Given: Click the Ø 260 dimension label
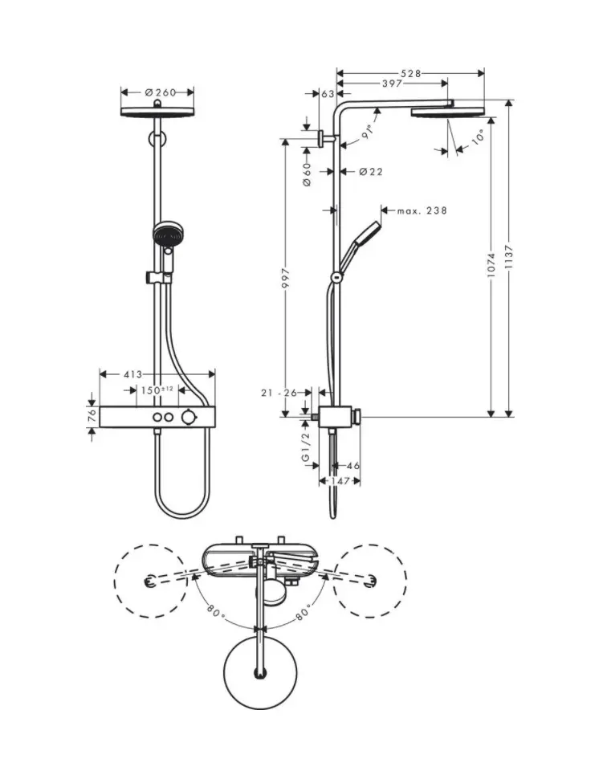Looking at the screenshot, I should pos(160,92).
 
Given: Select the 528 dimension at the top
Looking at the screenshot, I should pos(410,74).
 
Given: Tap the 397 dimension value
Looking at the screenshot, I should pos(392,84).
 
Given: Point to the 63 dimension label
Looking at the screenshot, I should pos(328,94).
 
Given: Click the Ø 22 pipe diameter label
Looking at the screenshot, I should pos(369,172).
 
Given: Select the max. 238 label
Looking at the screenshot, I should pos(422,211).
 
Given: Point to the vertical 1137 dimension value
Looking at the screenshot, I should pos(508,259).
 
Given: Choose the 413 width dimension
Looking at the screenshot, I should pos(133,374).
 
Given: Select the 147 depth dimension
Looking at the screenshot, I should pos(339,481).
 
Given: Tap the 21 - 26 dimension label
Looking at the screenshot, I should pos(280,393).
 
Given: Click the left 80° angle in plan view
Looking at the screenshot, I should pos(213,611).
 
